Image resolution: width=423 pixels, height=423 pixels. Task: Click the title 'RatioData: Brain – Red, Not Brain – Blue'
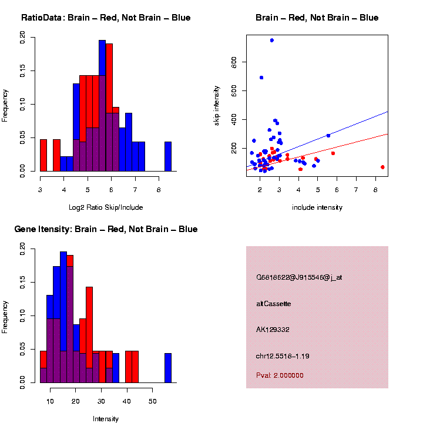106,18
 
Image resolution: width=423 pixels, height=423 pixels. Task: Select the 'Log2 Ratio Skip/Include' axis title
105,207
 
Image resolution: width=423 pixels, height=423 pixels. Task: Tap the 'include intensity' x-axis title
317,207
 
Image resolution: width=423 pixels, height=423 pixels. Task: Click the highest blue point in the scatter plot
271,40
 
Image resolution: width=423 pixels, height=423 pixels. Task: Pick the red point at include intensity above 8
382,167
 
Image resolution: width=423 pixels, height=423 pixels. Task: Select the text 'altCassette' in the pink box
274,304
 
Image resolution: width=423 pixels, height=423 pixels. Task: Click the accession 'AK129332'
273,330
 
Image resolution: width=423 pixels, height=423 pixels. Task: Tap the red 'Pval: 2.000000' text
280,375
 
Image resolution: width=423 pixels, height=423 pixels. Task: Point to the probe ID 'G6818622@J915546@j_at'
299,277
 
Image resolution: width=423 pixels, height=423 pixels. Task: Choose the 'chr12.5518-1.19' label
283,355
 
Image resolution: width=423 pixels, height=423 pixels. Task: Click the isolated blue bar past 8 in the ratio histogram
167,157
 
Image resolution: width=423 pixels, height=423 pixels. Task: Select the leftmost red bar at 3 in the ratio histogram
43,156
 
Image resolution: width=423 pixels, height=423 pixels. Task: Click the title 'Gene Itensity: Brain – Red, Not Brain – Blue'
106,229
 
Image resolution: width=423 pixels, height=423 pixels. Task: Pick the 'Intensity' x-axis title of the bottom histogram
106,419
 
